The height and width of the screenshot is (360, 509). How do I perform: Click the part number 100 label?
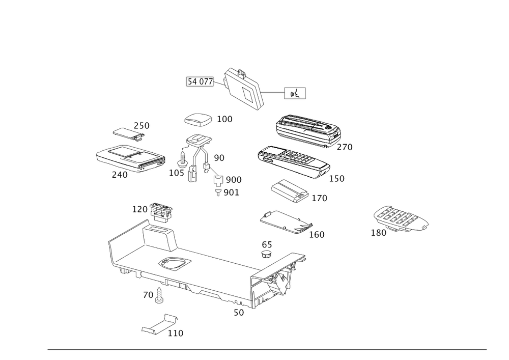coord(224,119)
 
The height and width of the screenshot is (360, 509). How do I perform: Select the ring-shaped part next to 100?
coord(197,120)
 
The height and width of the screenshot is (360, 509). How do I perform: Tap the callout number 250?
coord(142,125)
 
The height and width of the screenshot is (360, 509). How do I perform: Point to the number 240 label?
coord(119,175)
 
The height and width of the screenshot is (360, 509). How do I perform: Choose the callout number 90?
coord(219,157)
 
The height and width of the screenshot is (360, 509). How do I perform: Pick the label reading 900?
coord(234,180)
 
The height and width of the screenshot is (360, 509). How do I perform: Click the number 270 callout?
coord(345,147)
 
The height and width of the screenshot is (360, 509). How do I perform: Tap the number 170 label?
coord(320,198)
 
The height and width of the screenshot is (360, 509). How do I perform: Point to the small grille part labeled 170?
coord(290,190)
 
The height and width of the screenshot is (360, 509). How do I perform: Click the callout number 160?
coord(316,235)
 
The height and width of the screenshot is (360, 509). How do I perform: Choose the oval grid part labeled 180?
coord(401,219)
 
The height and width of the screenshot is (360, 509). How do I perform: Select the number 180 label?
coord(378,233)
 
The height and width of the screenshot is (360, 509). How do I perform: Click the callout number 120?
coord(139,209)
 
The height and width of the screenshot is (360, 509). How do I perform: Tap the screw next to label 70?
coord(159,295)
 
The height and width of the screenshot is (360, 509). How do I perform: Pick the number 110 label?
coord(175,334)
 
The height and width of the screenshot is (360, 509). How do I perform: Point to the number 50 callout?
coord(238,313)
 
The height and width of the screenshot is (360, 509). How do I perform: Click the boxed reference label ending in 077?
coord(200,81)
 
